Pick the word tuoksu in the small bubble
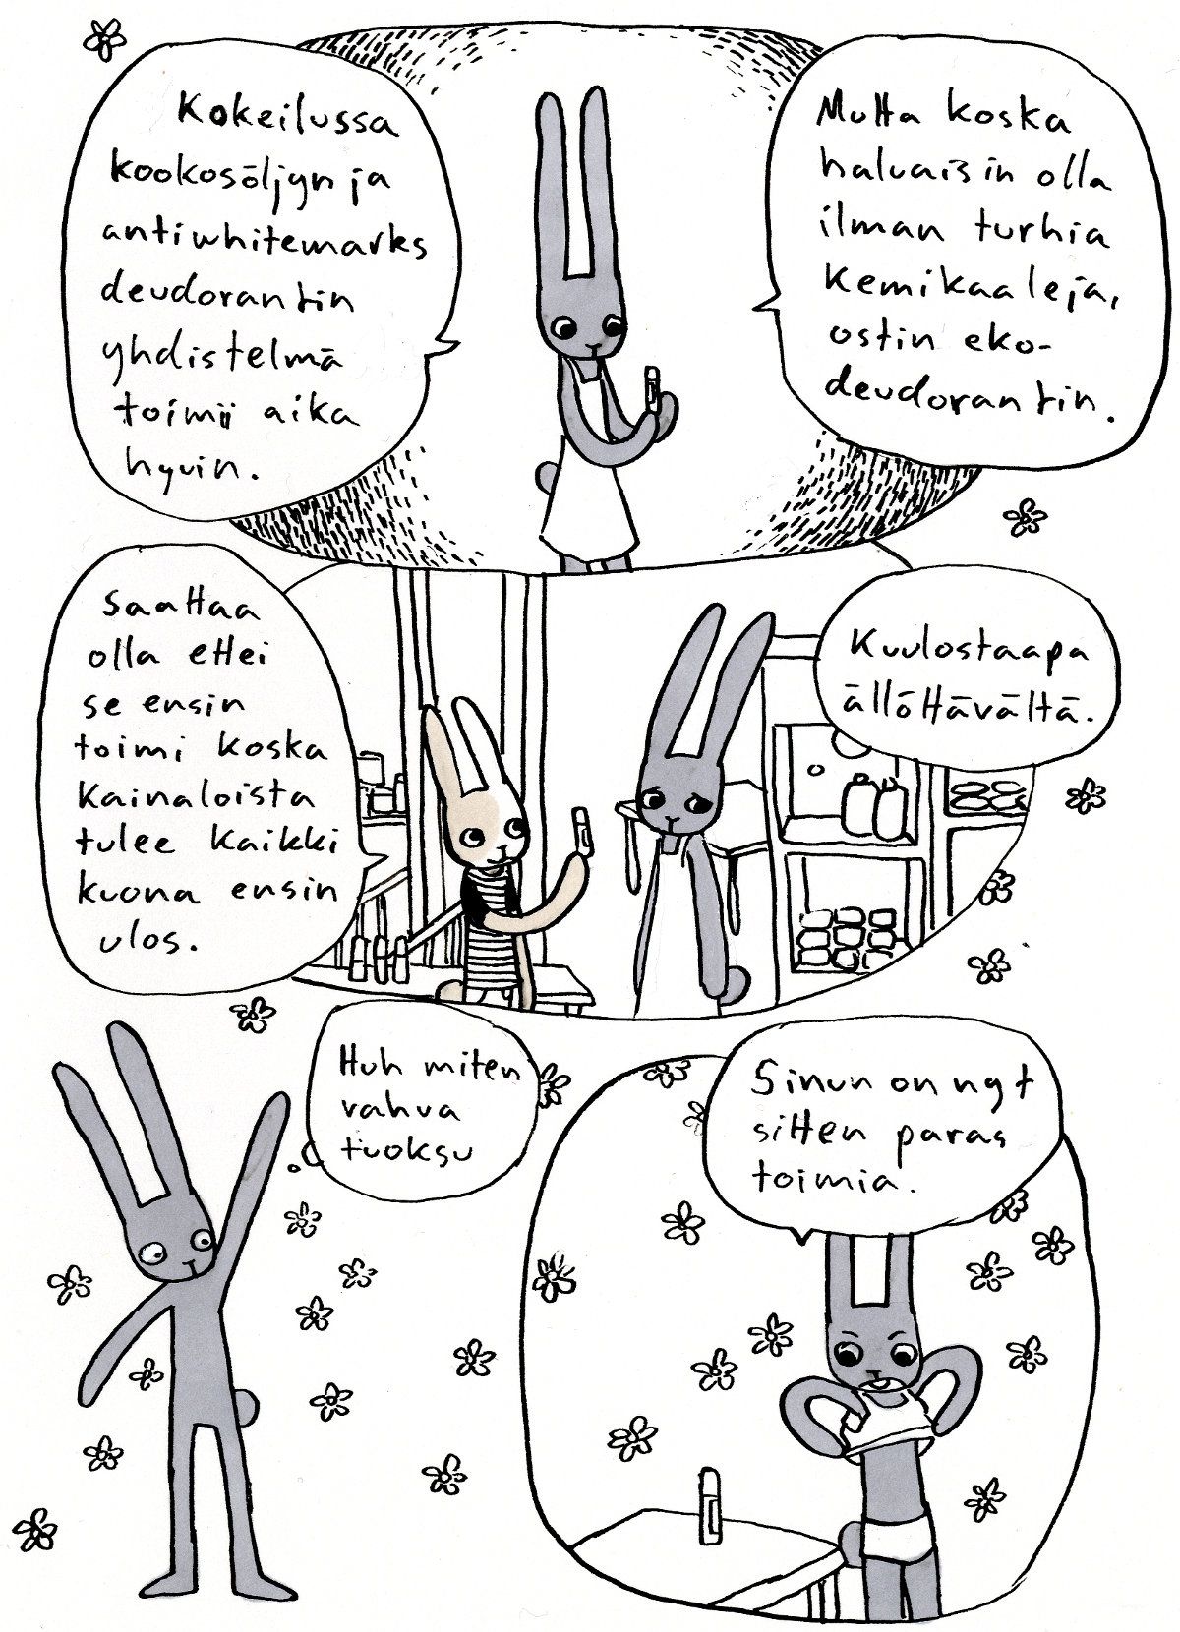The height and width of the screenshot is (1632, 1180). pos(407,1151)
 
